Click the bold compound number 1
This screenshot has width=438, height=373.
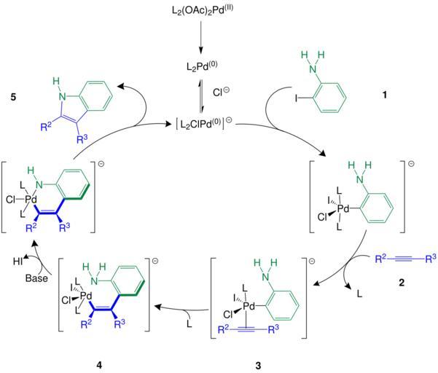383,96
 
